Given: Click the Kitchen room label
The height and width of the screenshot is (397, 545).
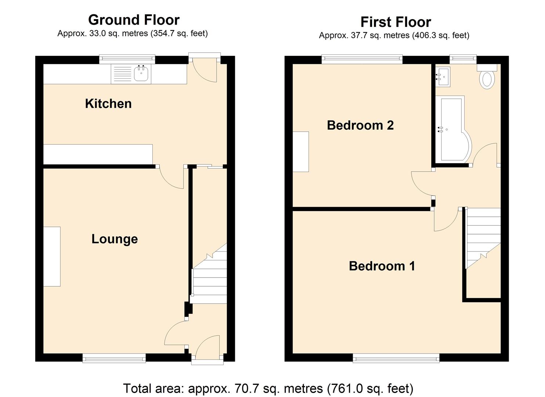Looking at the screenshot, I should pos(108,104).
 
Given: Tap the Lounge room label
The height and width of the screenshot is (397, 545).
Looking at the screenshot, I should pos(115,239).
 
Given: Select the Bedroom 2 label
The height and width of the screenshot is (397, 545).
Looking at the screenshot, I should pos(360,125).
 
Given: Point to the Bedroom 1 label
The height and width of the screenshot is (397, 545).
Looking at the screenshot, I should pos(382,266).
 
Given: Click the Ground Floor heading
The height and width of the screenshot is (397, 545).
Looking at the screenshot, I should pos(134,20).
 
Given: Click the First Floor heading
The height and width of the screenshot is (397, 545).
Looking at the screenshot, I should pos(395,22).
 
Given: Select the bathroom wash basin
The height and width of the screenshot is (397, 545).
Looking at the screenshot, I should pos(443,77).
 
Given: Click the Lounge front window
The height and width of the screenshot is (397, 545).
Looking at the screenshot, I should pos(114,358).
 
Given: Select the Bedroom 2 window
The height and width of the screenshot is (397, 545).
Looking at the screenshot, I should pos(362,59).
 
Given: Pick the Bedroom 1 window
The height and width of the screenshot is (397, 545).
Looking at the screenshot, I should pos(396,358).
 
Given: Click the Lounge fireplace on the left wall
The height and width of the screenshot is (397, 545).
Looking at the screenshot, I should pos(52,257).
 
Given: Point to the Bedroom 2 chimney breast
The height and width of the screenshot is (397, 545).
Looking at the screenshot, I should pos(301,151).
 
